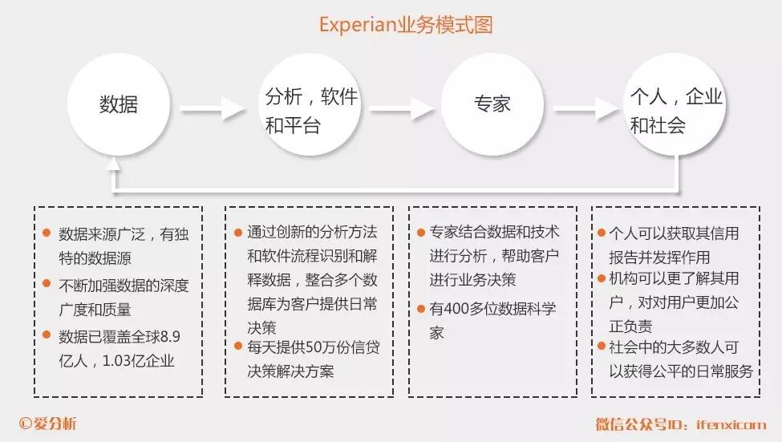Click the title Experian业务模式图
(x=405, y=25)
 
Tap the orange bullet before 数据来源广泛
(x=47, y=233)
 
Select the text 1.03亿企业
(x=138, y=361)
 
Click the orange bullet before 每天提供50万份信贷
(x=237, y=346)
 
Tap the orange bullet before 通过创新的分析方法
(x=237, y=233)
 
